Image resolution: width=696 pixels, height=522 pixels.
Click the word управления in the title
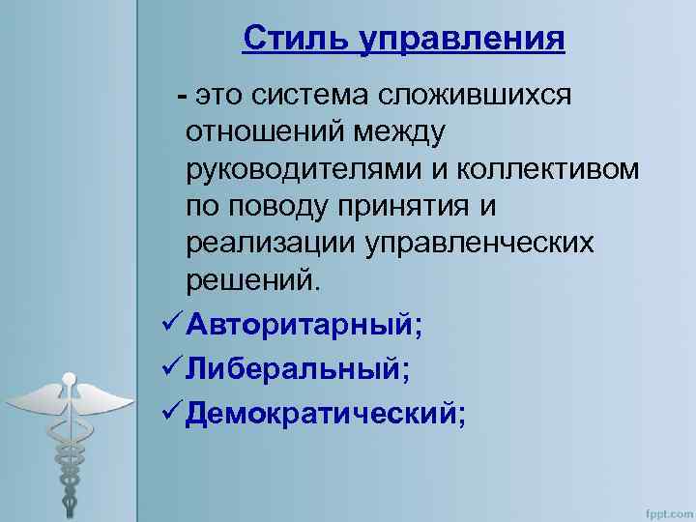coord(462,40)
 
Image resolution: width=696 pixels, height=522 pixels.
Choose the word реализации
coord(273,244)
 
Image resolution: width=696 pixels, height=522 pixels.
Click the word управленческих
coord(480,244)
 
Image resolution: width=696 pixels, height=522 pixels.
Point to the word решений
coord(250,280)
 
